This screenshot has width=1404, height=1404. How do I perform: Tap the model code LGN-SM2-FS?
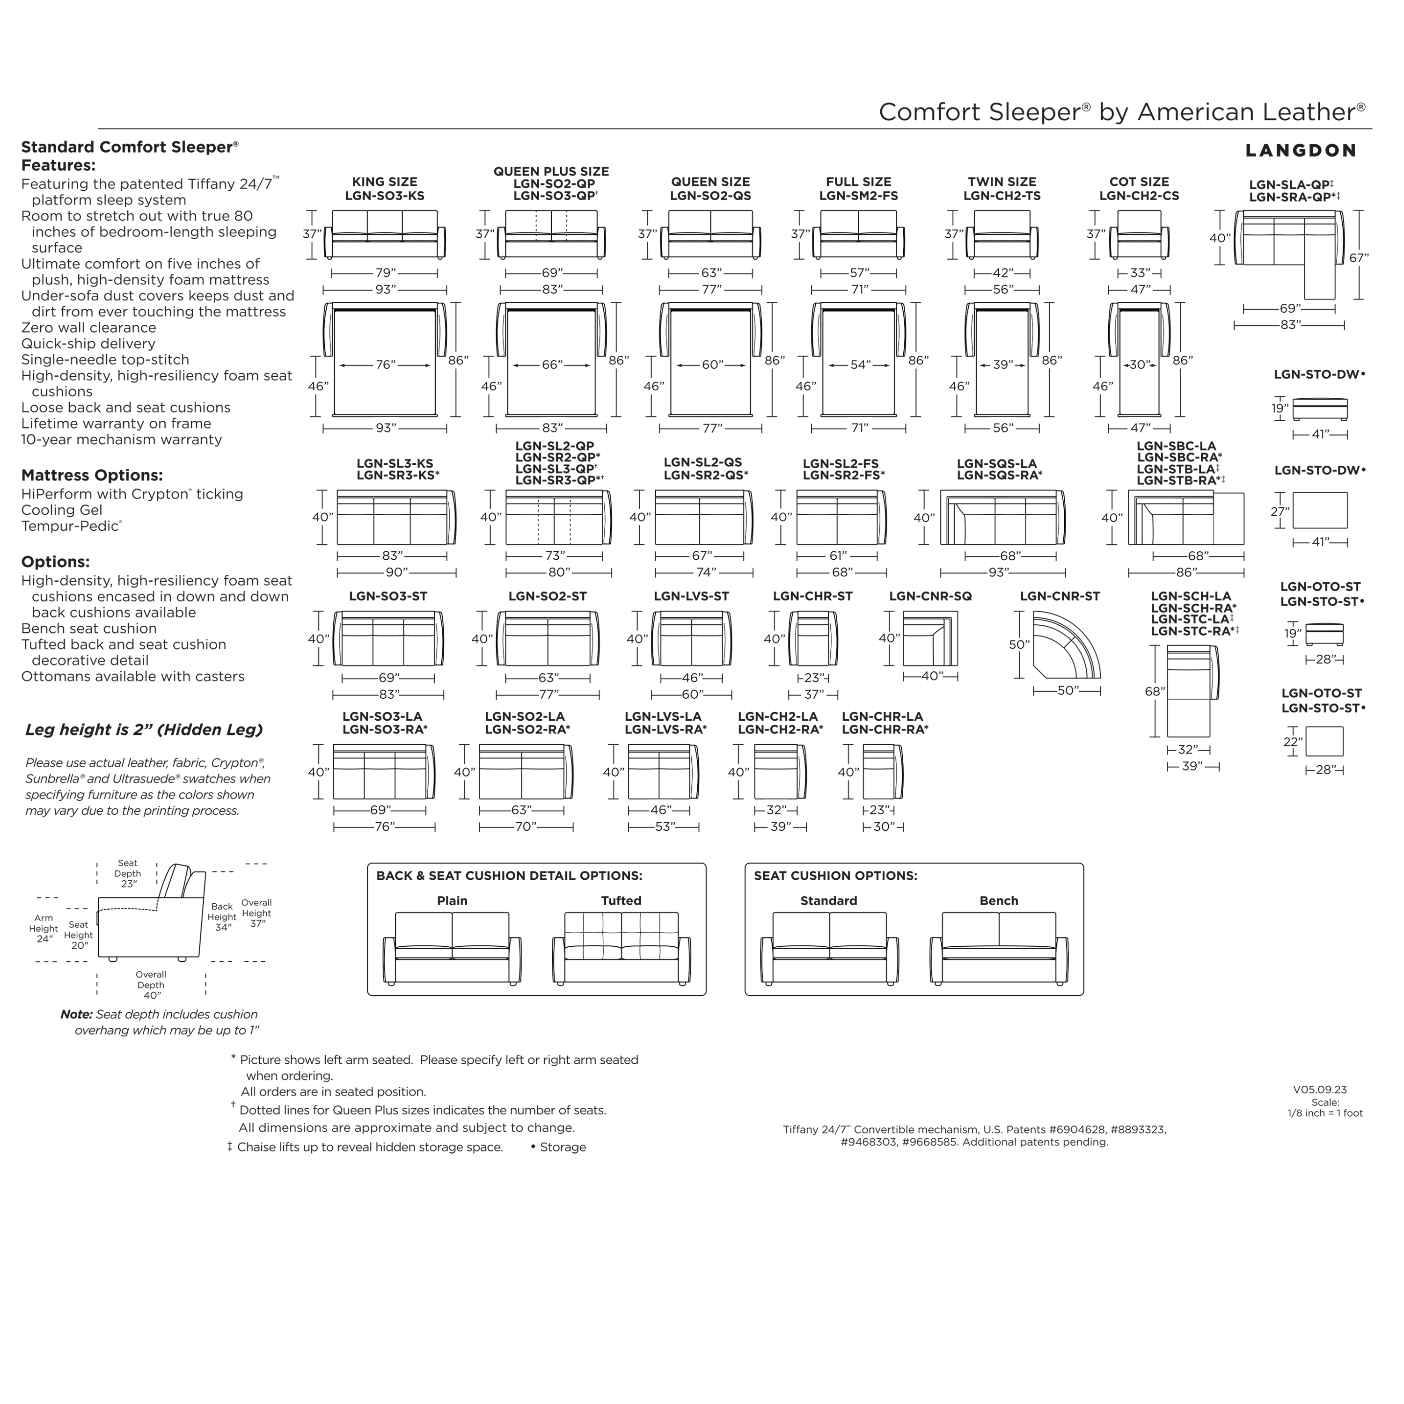(x=858, y=196)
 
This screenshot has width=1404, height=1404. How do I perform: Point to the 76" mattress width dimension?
(x=385, y=365)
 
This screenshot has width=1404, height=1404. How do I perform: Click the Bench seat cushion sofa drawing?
(x=999, y=948)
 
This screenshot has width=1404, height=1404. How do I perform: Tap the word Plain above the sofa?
(x=452, y=901)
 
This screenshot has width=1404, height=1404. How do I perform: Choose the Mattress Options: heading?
(x=92, y=475)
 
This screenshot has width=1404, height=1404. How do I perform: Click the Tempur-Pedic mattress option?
(x=71, y=526)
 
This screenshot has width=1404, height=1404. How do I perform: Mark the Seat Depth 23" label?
(x=128, y=873)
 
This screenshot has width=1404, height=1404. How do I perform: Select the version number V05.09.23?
(x=1320, y=1090)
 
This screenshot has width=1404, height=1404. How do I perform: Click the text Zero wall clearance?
(x=88, y=328)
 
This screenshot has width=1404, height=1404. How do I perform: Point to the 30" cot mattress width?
(x=1138, y=365)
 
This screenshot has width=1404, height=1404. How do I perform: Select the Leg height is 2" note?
(x=144, y=730)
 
